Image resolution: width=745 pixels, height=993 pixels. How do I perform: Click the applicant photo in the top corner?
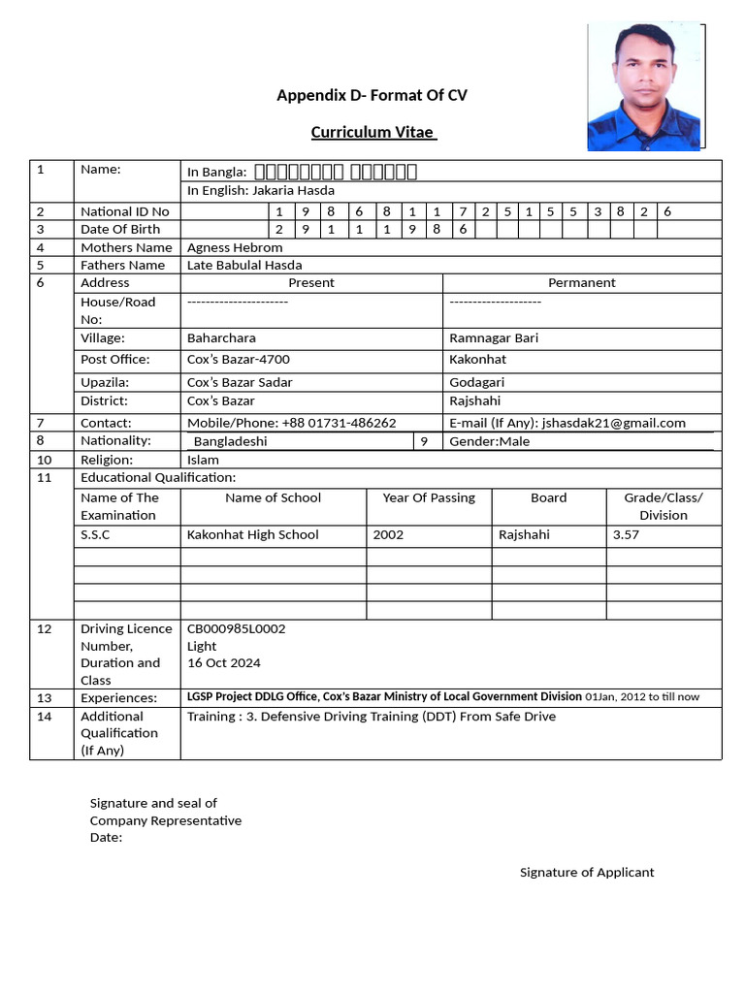[x=645, y=86]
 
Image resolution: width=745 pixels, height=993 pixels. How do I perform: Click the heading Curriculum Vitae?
[x=373, y=132]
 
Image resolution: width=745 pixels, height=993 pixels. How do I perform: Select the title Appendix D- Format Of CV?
[x=372, y=95]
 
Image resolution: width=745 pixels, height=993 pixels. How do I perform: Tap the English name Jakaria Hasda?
[x=293, y=191]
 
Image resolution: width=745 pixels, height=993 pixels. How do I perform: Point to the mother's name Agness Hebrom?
[x=235, y=247]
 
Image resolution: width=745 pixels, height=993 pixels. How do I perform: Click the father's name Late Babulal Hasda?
[x=244, y=265]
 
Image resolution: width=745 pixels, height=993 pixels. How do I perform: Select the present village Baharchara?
[x=221, y=338]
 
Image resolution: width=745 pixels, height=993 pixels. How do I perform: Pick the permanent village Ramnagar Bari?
[x=494, y=338]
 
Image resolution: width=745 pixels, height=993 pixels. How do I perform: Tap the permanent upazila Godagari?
[x=476, y=382]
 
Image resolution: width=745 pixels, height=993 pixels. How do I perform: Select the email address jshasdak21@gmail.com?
[x=614, y=423]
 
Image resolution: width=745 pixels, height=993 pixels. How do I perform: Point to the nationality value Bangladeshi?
[x=231, y=441]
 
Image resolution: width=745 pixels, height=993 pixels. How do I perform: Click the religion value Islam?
[x=203, y=460]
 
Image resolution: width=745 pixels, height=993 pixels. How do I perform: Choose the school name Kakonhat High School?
[x=252, y=534]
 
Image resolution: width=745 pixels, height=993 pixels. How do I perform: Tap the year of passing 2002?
[x=388, y=534]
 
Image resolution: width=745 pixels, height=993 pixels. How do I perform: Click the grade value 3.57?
[x=626, y=534]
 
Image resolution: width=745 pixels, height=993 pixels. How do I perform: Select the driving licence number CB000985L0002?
[x=236, y=628]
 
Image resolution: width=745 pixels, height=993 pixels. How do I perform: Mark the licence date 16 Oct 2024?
[x=223, y=663]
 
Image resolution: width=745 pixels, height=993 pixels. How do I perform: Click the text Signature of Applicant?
[x=587, y=872]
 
